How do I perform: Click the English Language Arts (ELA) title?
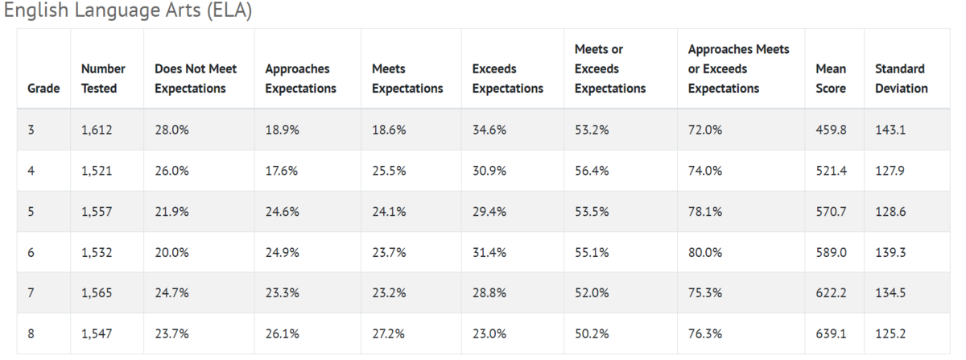pos(128,10)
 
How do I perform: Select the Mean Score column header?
pos(831,79)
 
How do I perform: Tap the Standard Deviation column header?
pos(902,79)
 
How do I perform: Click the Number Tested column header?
pos(103,79)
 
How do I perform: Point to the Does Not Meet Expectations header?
pos(196,79)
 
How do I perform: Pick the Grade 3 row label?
pos(31,130)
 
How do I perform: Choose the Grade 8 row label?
pos(31,333)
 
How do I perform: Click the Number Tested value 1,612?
pos(97,130)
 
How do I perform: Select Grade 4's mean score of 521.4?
pos(831,171)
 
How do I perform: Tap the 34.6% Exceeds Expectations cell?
pos(489,130)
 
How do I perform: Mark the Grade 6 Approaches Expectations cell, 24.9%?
pos(282,253)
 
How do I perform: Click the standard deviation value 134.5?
pos(890,293)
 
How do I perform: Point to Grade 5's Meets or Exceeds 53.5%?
pos(592,212)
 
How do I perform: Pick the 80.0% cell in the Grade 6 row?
pos(705,253)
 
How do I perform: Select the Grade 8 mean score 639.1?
pos(831,333)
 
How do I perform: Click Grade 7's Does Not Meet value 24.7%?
pos(171,293)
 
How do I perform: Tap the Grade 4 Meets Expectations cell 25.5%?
pos(389,171)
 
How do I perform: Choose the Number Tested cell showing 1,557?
pos(97,212)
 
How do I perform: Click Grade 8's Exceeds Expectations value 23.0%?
pos(489,333)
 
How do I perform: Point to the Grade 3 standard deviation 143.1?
pos(890,130)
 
